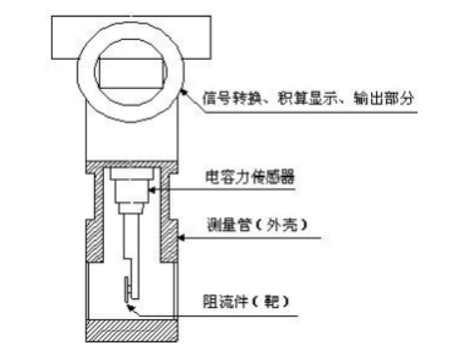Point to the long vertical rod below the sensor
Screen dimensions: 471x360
click(x=130, y=245)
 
